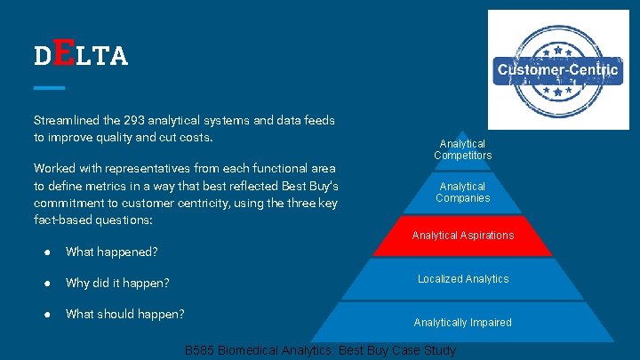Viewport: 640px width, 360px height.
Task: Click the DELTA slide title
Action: (81, 55)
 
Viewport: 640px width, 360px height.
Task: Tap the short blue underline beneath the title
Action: (49, 87)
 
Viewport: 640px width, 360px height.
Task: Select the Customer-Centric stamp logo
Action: (557, 69)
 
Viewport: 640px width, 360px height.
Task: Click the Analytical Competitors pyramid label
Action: (462, 149)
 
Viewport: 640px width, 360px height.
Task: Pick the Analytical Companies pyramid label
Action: (462, 192)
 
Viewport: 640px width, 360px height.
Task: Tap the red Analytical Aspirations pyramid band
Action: (462, 236)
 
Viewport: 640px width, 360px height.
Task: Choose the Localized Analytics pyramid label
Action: (463, 279)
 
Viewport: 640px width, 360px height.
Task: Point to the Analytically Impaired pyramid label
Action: (462, 322)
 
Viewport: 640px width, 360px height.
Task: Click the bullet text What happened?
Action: (111, 252)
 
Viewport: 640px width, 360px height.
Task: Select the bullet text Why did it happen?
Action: (117, 283)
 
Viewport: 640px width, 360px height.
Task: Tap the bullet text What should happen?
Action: (125, 314)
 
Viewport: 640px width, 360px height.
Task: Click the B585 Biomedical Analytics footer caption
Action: (320, 351)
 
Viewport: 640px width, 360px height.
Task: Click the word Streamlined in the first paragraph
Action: (67, 119)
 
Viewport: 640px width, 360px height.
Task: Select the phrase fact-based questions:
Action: (92, 219)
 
